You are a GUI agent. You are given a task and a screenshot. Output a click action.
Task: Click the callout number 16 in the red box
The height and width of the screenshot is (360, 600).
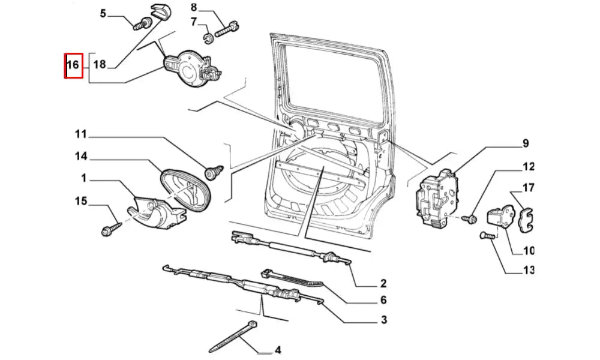click(x=73, y=65)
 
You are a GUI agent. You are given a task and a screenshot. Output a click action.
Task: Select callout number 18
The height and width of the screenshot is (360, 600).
click(x=99, y=65)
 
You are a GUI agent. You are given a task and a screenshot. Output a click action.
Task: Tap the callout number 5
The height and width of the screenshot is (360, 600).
click(x=103, y=13)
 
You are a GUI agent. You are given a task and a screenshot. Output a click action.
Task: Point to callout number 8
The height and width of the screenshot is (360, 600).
click(x=193, y=8)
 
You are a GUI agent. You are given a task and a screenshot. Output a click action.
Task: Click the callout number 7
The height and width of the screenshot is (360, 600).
click(x=193, y=22)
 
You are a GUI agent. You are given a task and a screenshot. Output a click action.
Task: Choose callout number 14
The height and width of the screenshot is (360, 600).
click(x=80, y=157)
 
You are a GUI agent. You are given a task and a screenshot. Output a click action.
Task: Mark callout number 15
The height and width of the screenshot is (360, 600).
click(x=80, y=200)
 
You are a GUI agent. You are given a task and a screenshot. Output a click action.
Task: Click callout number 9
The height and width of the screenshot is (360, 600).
click(x=525, y=143)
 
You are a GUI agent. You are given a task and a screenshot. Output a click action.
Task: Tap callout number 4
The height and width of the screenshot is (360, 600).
click(x=277, y=349)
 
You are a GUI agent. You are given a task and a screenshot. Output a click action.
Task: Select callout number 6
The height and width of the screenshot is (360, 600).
click(x=383, y=300)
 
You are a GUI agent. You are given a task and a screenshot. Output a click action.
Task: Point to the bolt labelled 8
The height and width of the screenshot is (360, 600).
click(x=229, y=28)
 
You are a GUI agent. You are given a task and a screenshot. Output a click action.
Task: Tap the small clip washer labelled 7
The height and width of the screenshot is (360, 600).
click(x=208, y=40)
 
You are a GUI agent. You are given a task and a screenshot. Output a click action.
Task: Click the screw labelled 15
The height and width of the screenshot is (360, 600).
click(x=112, y=229)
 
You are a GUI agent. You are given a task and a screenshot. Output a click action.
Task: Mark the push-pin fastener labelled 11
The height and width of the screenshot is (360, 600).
click(x=213, y=174)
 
